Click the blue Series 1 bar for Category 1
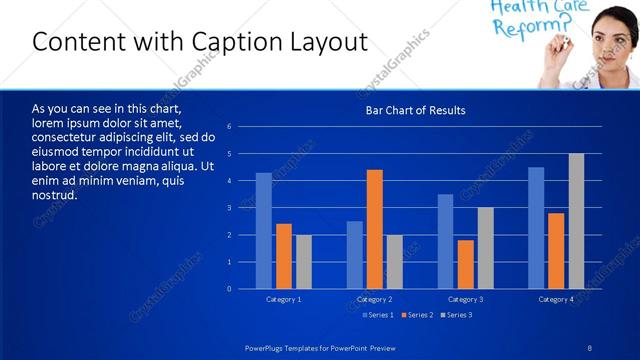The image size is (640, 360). click(x=263, y=231)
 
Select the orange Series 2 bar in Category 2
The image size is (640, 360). click(x=375, y=229)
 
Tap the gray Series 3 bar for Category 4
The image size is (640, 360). click(x=576, y=221)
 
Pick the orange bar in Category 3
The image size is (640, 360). click(x=465, y=264)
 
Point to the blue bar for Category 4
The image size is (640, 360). click(x=536, y=228)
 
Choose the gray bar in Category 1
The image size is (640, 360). click(x=303, y=262)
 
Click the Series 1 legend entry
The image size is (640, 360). click(x=378, y=315)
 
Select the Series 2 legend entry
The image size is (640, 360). click(x=417, y=315)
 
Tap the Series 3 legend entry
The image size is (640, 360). click(x=456, y=315)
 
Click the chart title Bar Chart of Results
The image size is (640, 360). click(x=415, y=110)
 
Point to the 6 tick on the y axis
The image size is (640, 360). click(x=230, y=127)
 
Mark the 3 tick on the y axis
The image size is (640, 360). click(x=230, y=208)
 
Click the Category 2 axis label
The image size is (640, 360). click(x=374, y=299)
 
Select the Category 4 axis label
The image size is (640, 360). click(x=556, y=299)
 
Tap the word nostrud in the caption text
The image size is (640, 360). click(x=54, y=195)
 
